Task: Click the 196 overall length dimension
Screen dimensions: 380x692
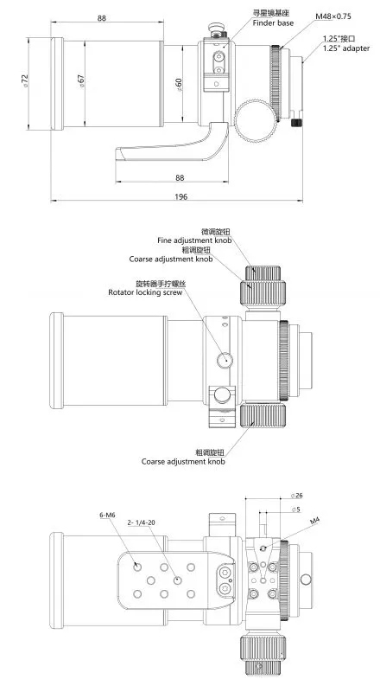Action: tap(180, 196)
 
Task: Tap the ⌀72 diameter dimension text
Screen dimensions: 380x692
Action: tap(25, 80)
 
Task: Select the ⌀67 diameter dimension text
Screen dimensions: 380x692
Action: tap(80, 81)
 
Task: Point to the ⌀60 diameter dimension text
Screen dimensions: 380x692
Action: tap(178, 85)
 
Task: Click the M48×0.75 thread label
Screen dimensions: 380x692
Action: tap(333, 16)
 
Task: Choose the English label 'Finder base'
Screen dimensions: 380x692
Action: tap(273, 23)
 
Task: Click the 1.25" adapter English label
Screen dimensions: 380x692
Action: tap(346, 48)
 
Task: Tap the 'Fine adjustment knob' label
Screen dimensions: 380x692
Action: tap(194, 240)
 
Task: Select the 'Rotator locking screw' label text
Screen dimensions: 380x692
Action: tap(145, 292)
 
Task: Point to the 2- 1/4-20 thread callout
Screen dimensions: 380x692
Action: tap(141, 522)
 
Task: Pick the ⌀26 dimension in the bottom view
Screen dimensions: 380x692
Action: tap(297, 496)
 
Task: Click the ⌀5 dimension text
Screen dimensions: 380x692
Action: tap(296, 509)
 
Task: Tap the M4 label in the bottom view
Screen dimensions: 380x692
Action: tap(314, 522)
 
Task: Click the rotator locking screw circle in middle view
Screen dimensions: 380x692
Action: tap(225, 360)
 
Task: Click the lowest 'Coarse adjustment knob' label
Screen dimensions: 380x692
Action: tap(183, 462)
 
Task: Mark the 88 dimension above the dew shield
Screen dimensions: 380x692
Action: tap(102, 18)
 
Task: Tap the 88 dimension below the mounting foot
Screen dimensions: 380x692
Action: tap(180, 177)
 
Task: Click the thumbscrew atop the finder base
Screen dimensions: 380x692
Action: tap(216, 29)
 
